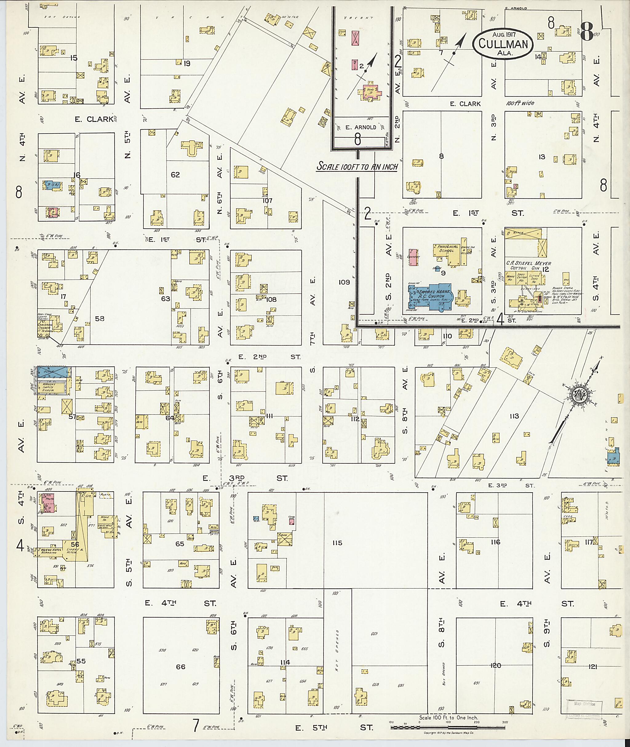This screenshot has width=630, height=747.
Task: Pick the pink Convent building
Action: pyautogui.click(x=413, y=257)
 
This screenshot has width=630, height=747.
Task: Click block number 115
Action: pyautogui.click(x=337, y=543)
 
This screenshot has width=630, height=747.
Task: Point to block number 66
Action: pyautogui.click(x=181, y=667)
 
